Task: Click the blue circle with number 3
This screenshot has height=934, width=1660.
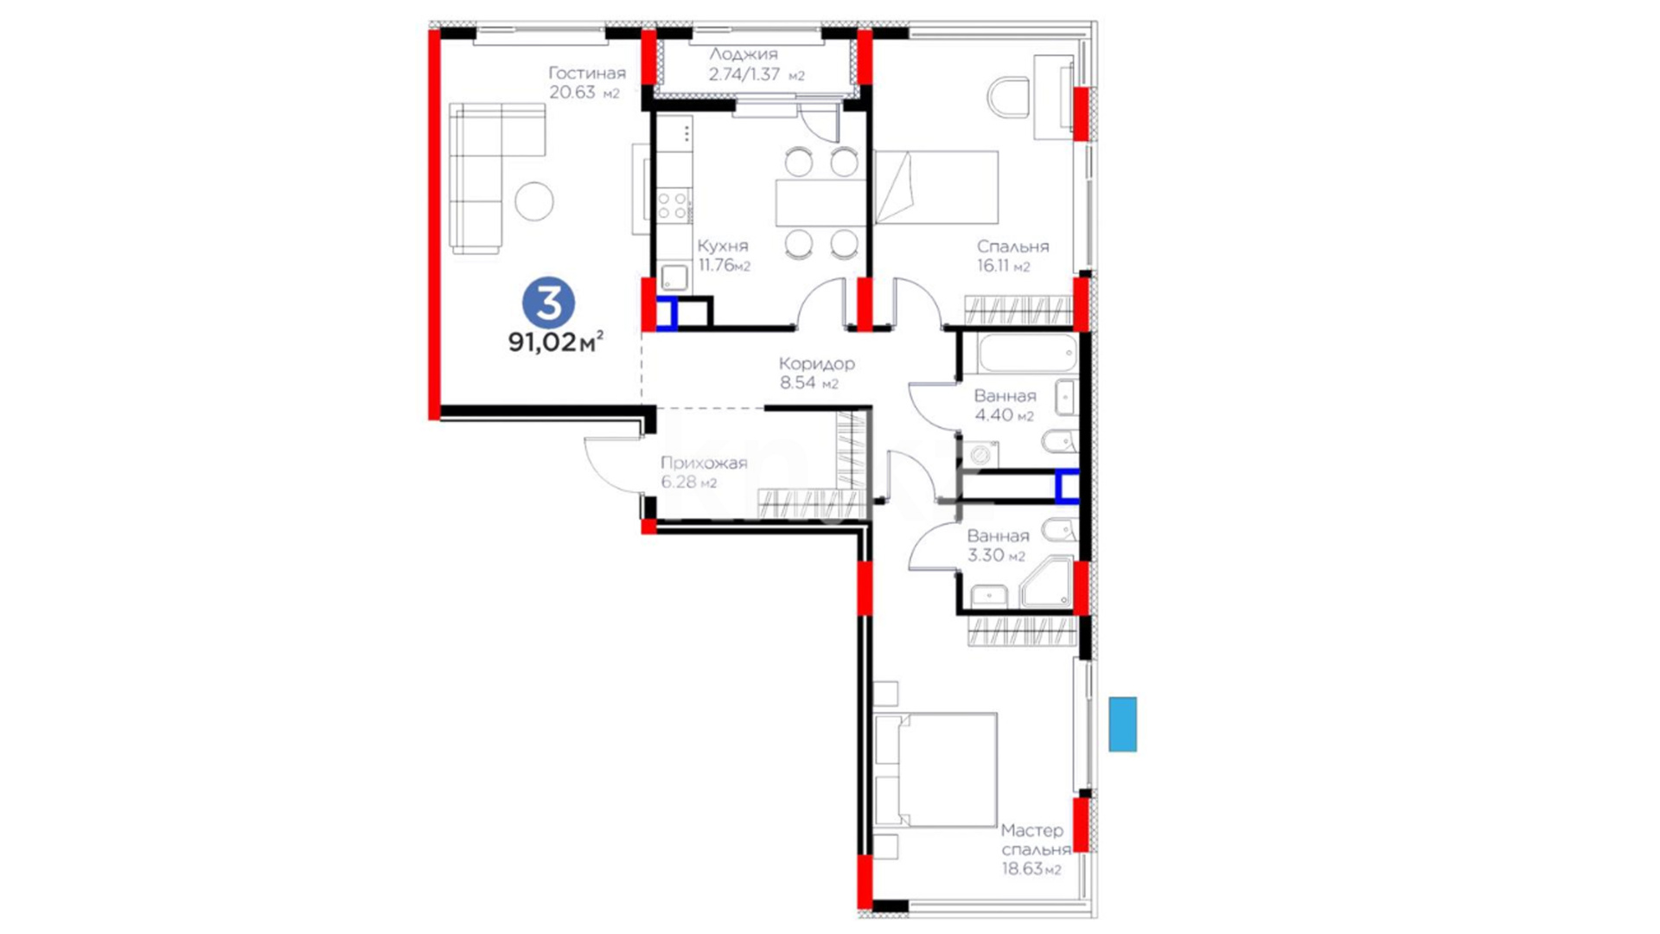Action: pos(548,303)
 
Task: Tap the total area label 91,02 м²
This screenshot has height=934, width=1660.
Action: pos(555,342)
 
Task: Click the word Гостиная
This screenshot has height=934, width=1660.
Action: pos(587,73)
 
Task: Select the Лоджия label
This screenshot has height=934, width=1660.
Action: pos(744,54)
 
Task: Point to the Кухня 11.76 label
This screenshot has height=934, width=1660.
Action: pos(724,255)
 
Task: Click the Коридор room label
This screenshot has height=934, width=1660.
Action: pos(816,363)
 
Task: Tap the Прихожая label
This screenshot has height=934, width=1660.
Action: pos(704,463)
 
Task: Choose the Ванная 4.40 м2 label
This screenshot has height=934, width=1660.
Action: pos(1005,406)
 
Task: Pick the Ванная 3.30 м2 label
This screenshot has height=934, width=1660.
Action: pos(998,546)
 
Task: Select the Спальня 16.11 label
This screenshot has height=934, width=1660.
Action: pos(1012,255)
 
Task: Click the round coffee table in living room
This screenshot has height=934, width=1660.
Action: pos(534,201)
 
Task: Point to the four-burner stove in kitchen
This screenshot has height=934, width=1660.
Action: pos(674,207)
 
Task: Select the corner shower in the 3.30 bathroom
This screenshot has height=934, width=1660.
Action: pos(1046,584)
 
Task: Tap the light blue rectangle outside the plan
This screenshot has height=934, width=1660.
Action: pos(1123,724)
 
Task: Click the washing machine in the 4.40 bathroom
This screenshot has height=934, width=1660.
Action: pos(981,455)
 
